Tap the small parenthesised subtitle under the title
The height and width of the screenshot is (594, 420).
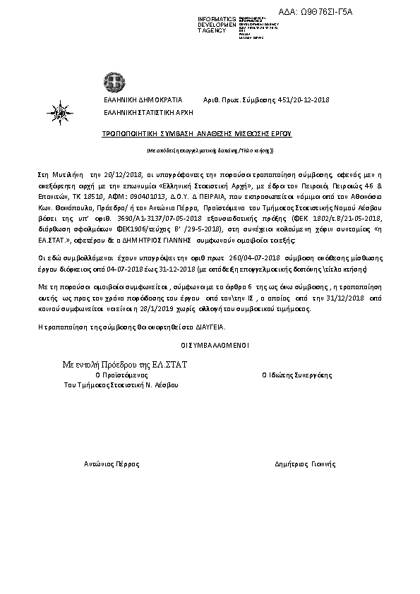pyautogui.click(x=210, y=150)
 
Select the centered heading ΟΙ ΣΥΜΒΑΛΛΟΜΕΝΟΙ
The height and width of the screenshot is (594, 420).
pyautogui.click(x=210, y=345)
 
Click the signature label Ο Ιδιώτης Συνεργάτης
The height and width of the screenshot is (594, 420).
pyautogui.click(x=296, y=375)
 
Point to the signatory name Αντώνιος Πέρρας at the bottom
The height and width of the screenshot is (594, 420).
pyautogui.click(x=112, y=464)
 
